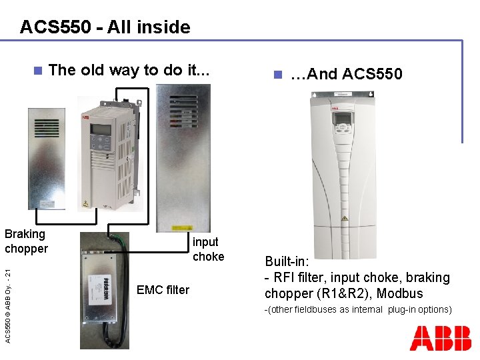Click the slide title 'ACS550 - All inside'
click(x=105, y=27)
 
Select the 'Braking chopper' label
click(x=26, y=241)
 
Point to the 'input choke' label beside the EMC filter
click(x=208, y=249)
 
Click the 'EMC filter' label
click(x=163, y=290)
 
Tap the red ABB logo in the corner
click(x=440, y=338)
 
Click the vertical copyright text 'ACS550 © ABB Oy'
click(x=7, y=300)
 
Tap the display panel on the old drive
click(x=101, y=129)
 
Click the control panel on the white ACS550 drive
click(x=343, y=124)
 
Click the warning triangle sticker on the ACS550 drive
click(x=344, y=219)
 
